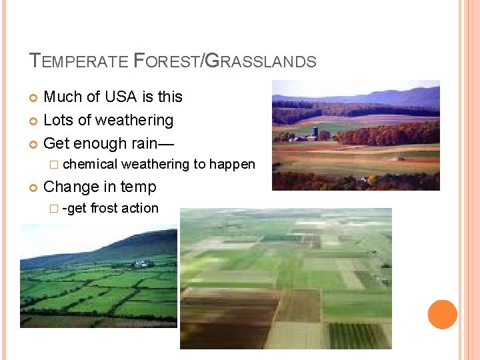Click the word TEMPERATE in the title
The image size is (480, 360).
pos(79,62)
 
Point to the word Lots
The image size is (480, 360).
pos(57,120)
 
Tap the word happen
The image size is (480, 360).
pos(233,164)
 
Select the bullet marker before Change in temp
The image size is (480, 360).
pos(34,187)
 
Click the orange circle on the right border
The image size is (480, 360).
pos(443,314)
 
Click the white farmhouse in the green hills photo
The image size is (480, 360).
pos(141,264)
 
